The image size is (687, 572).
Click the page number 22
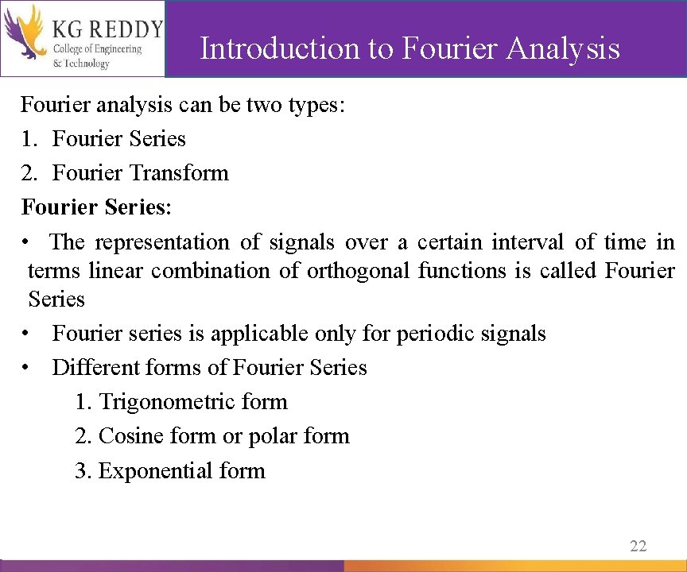[x=638, y=545]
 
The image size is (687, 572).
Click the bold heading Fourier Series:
[x=96, y=207]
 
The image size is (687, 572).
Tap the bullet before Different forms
[x=27, y=368]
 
